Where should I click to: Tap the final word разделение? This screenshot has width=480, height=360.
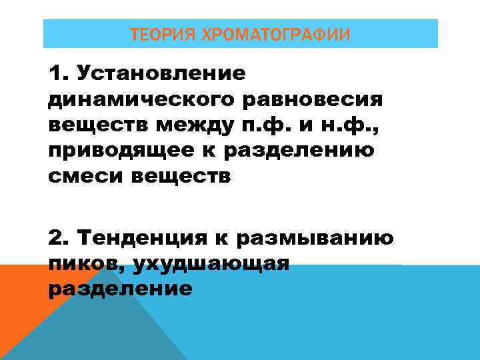tap(120, 290)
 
